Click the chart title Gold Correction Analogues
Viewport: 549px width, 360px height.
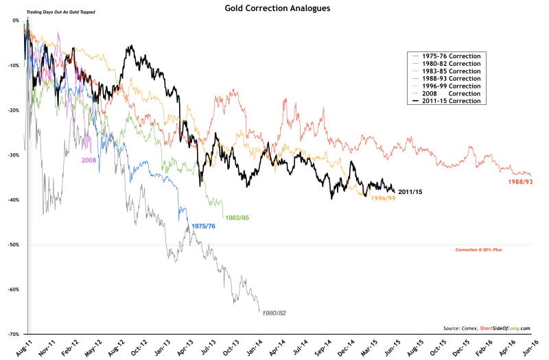pos(274,9)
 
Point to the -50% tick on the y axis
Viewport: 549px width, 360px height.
pos(14,245)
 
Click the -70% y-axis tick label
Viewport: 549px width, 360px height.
pos(14,334)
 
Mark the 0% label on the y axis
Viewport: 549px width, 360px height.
pos(16,21)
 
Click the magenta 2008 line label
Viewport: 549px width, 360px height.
pos(89,160)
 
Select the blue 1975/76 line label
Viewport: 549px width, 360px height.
pos(205,225)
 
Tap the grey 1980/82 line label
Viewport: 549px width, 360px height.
pos(272,313)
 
